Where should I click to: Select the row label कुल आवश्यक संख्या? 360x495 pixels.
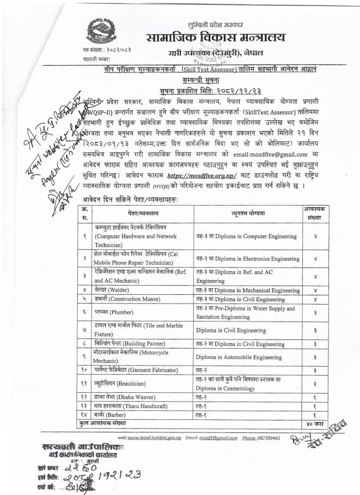[x=102, y=422]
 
